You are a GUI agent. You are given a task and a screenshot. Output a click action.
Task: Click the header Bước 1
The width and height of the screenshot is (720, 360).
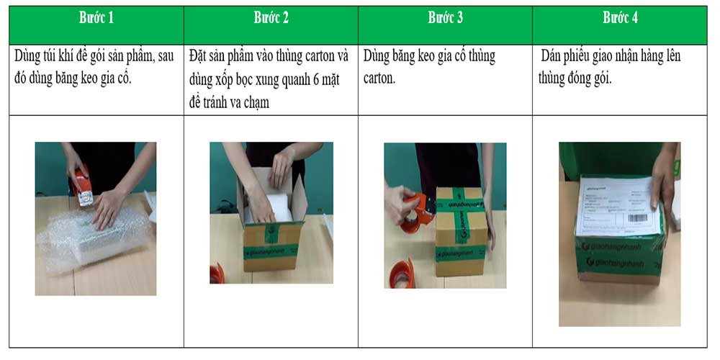pyautogui.click(x=96, y=18)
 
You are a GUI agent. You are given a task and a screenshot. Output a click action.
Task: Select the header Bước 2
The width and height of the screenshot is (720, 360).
pyautogui.click(x=271, y=18)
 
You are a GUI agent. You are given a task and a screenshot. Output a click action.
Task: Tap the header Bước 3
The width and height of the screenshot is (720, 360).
pyautogui.click(x=446, y=18)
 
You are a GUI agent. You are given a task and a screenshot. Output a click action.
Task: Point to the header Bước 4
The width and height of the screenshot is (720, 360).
pyautogui.click(x=620, y=18)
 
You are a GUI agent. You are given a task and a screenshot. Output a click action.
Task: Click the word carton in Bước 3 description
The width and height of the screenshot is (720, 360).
pyautogui.click(x=379, y=78)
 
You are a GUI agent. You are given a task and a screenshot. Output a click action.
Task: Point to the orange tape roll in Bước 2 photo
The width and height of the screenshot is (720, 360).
pyautogui.click(x=217, y=274)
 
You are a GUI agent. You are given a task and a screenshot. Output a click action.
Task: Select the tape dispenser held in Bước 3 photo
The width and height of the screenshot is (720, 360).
pyautogui.click(x=418, y=211)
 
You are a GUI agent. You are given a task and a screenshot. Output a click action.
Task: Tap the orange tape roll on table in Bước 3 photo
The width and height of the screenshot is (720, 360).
pyautogui.click(x=402, y=274)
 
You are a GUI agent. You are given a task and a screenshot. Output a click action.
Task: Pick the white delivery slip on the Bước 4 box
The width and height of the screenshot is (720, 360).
pyautogui.click(x=618, y=206)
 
